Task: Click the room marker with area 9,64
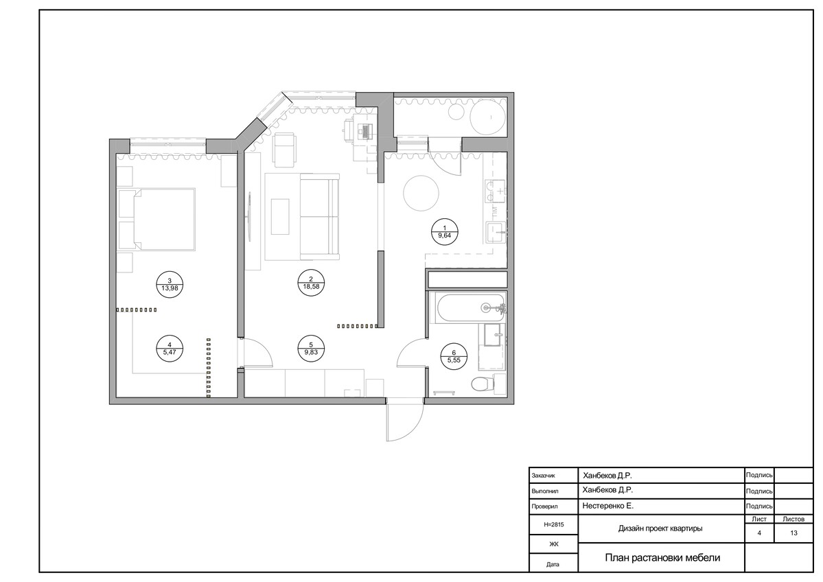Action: (x=445, y=232)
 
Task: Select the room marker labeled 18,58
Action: (x=311, y=283)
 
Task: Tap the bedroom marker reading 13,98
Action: (x=170, y=284)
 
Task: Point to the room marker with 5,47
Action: (x=170, y=349)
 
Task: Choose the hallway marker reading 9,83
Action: (x=311, y=349)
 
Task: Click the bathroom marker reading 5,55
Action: (x=454, y=357)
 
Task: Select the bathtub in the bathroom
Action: (x=467, y=308)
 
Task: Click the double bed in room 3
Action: (x=164, y=219)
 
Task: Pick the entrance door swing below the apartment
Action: (x=405, y=423)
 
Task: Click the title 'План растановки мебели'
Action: (x=662, y=557)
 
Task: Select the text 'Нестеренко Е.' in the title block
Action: (x=607, y=506)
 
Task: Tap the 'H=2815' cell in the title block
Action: (x=554, y=524)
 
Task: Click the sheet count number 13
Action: (x=793, y=533)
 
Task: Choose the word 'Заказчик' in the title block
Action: (x=543, y=476)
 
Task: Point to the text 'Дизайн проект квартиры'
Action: (x=660, y=528)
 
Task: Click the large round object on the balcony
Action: (x=488, y=118)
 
